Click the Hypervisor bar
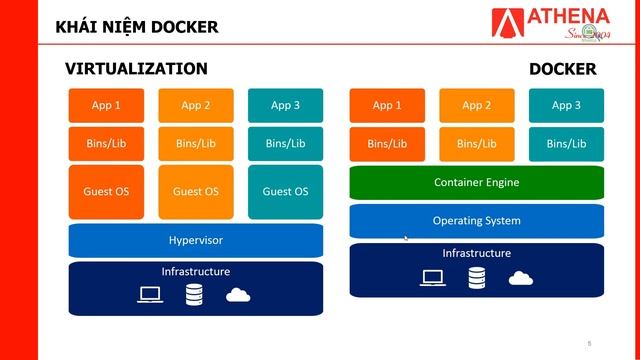coord(196,240)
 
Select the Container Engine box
coord(476,183)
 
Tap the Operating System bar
coord(476,220)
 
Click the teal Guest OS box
coord(285,191)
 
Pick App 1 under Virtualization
coord(105,105)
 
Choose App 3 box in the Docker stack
coord(566,105)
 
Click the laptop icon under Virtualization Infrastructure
coord(150,295)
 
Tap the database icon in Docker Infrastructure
coord(475,277)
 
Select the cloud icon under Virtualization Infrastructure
coord(238,294)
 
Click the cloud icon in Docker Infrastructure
coord(520,277)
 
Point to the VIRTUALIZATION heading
coord(136,69)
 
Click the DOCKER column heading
coord(562,69)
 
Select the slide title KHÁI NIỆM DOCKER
coord(136,25)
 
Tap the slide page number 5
coord(589,343)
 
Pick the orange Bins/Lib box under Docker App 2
coord(476,144)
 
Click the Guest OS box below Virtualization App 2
coord(196,191)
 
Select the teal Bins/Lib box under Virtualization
coord(285,144)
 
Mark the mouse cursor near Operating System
coord(405,238)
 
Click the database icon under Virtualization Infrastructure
coord(195,295)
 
